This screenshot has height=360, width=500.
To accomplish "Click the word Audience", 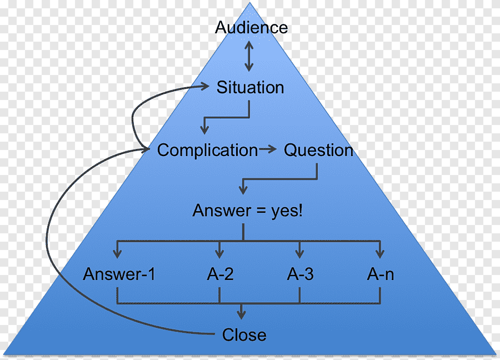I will pos(251,27).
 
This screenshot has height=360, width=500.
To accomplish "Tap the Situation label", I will pos(250,87).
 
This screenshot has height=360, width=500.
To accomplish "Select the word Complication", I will pos(207,150).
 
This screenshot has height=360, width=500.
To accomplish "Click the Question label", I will pos(318,150).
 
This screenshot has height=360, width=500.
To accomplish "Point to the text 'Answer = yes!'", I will pos(248,211).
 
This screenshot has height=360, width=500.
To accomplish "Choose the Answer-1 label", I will pos(119,274).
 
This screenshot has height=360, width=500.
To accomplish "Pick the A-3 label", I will pos(300,274).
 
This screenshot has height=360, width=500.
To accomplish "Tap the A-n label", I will pos(381,274).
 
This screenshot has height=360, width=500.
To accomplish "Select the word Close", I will pos(244,335).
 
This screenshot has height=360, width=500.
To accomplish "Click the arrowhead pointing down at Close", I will pos(241,315).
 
